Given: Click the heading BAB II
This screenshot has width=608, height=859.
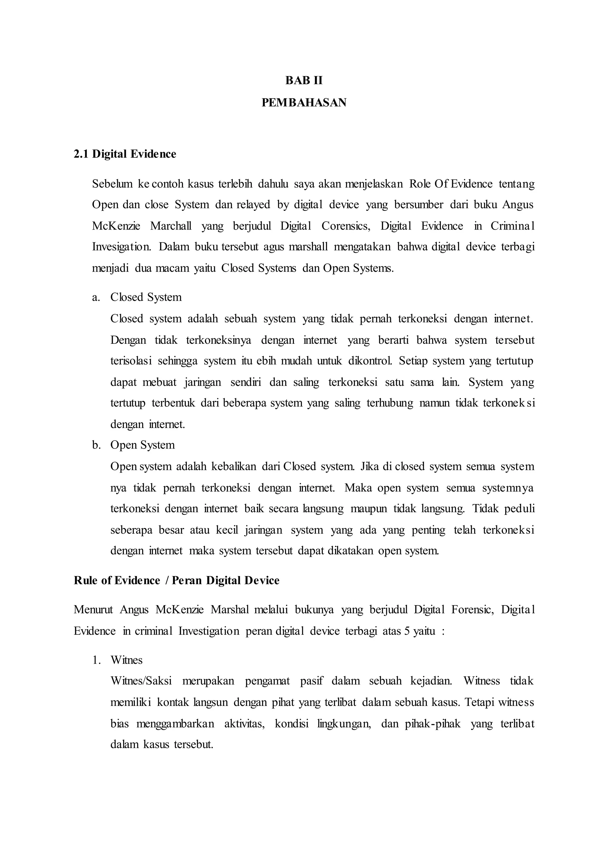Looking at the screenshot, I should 304,80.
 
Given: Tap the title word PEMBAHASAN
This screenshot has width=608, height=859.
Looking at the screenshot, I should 304,103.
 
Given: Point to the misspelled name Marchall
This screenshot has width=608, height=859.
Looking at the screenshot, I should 171,226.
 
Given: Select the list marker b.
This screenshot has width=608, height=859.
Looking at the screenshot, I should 96,445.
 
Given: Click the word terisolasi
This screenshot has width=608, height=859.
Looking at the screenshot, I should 131,361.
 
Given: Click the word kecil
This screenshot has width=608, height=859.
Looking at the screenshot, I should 227,530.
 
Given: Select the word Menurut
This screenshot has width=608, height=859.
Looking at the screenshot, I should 93,610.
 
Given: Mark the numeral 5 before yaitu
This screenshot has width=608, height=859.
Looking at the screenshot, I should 407,631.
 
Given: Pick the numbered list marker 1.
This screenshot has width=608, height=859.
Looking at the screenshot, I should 96,660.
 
